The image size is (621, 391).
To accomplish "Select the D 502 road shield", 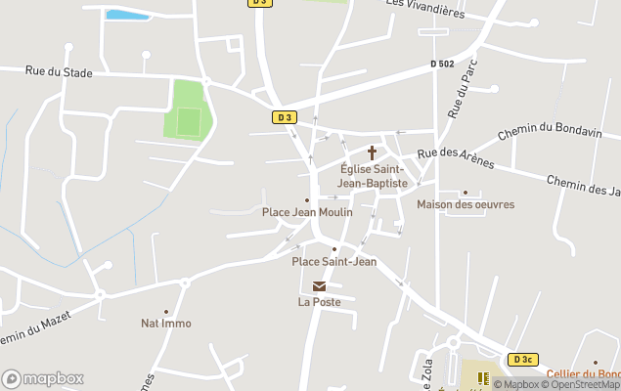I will point(442,65).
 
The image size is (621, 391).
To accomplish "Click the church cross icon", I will point(372,152).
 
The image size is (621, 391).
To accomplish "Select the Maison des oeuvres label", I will point(466,204).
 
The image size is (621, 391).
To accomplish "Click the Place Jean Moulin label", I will point(307,212).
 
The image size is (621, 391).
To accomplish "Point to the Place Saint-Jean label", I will point(334,261).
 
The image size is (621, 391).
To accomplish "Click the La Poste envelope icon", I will point(320,285).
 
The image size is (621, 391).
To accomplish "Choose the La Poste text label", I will point(320,302).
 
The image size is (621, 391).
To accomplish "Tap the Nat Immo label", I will point(166,323).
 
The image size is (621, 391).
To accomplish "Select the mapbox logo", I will point(43,378).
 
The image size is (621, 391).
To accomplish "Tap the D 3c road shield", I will point(523,360).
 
